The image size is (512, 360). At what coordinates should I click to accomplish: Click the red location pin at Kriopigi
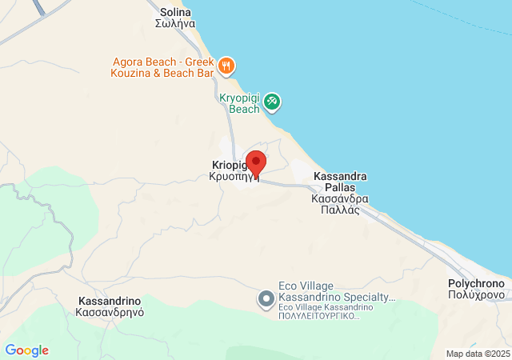pyautogui.click(x=255, y=162)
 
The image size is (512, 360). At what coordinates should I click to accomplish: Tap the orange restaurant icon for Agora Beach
pyautogui.click(x=227, y=66)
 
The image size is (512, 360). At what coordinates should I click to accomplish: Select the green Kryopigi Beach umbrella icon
pyautogui.click(x=273, y=102)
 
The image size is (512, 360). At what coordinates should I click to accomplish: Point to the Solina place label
pyautogui.click(x=175, y=12)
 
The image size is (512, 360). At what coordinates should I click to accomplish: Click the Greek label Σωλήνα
pyautogui.click(x=175, y=24)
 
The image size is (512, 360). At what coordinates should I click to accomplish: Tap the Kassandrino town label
pyautogui.click(x=110, y=301)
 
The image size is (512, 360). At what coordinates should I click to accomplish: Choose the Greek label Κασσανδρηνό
pyautogui.click(x=110, y=313)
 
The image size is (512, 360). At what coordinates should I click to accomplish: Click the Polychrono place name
pyautogui.click(x=476, y=284)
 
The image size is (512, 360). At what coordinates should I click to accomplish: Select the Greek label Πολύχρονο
pyautogui.click(x=476, y=295)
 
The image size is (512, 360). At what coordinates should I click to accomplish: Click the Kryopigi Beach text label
pyautogui.click(x=239, y=103)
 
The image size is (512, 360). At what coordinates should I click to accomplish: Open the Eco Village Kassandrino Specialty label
pyautogui.click(x=336, y=291)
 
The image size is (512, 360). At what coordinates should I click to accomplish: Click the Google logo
pyautogui.click(x=26, y=350)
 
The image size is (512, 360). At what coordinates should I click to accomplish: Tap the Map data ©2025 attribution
pyautogui.click(x=478, y=354)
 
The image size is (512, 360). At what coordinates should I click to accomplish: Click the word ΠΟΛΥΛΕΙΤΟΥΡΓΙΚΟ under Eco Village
pyautogui.click(x=318, y=316)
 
